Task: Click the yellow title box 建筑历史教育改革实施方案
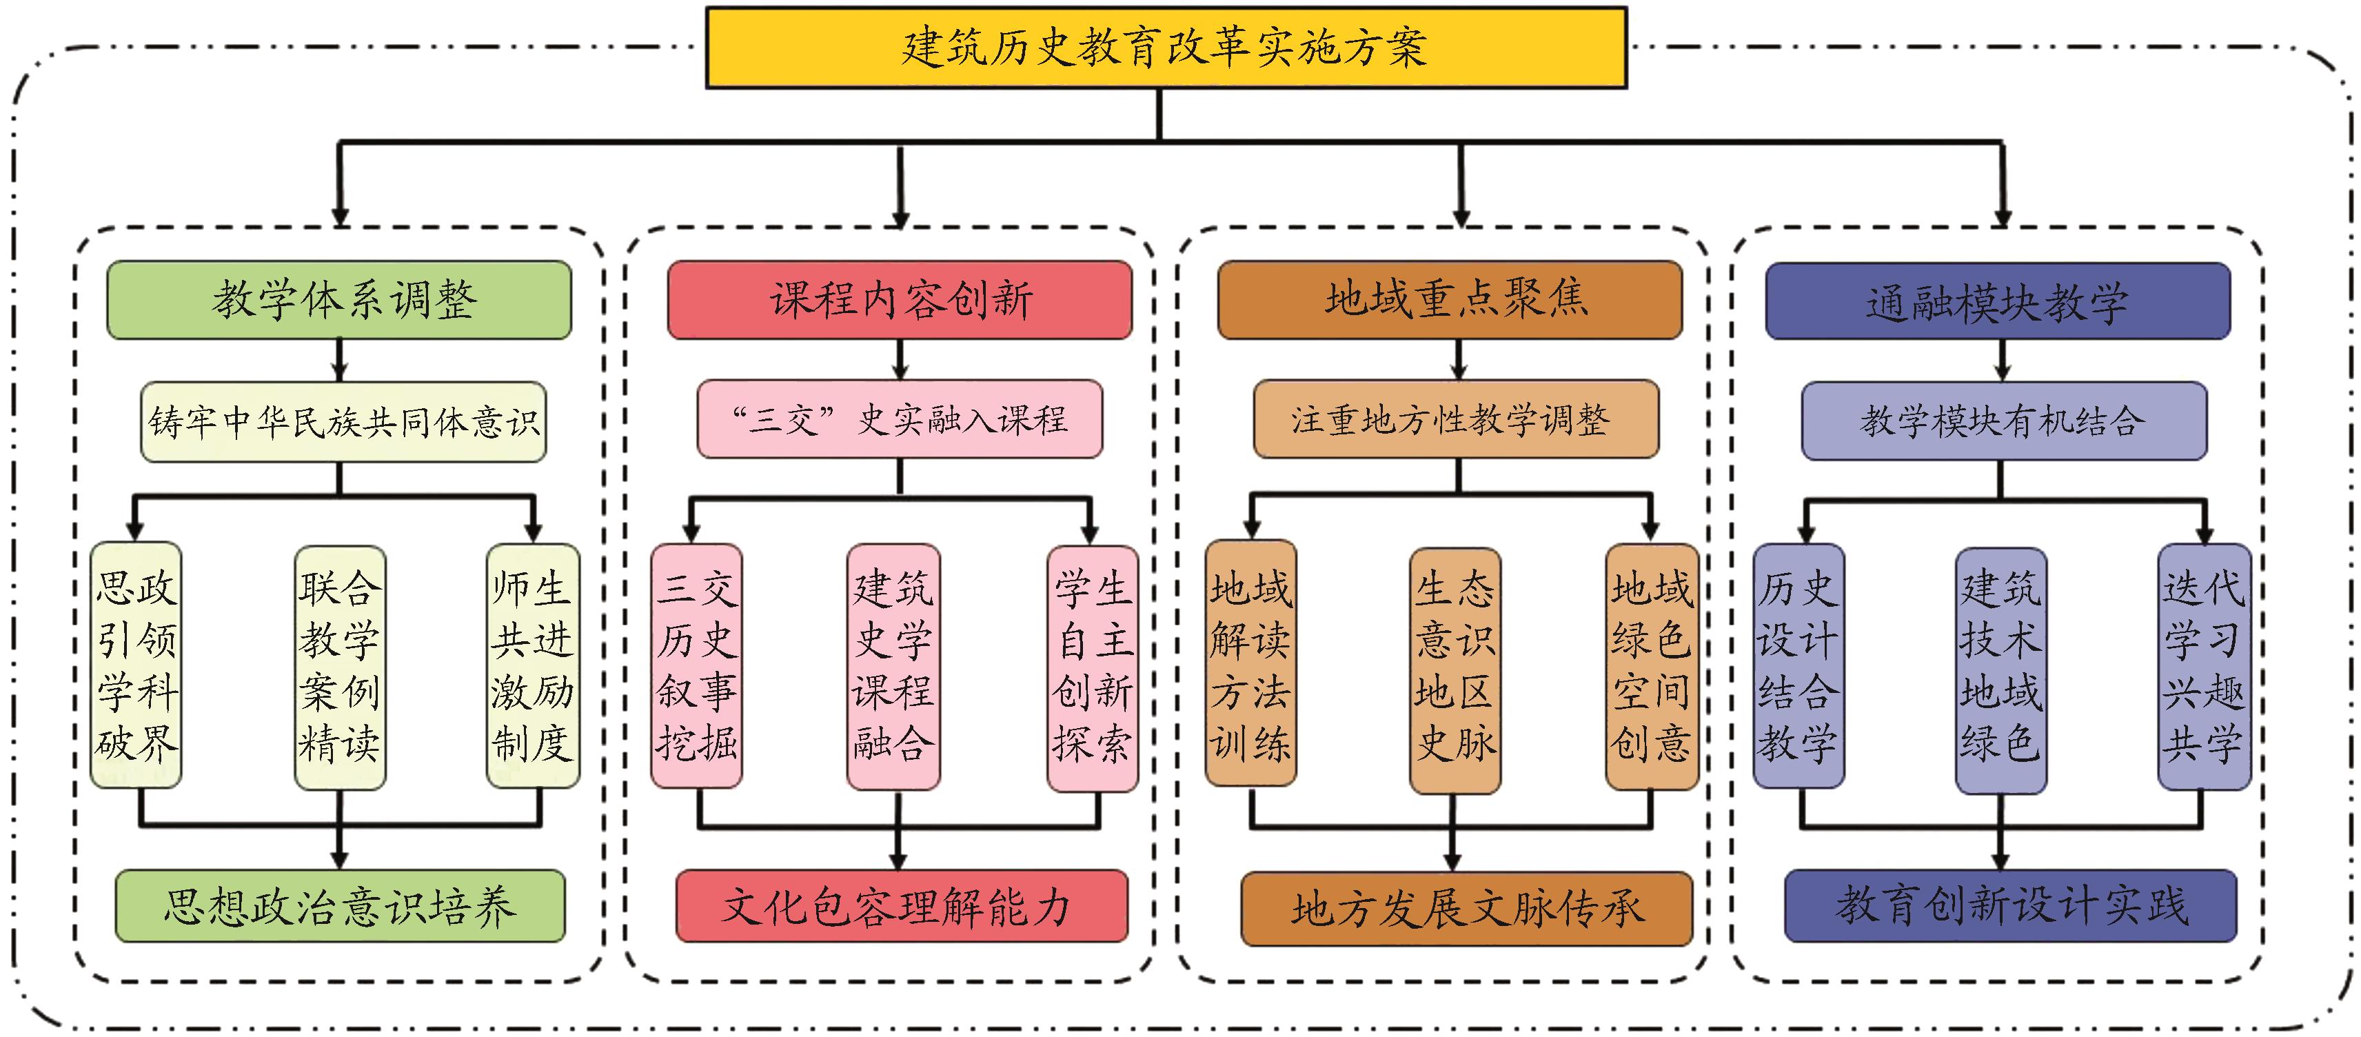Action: [x=1165, y=48]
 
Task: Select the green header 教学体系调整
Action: [x=339, y=300]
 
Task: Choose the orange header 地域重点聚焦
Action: [x=1450, y=300]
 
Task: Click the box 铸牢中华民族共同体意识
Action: [x=343, y=422]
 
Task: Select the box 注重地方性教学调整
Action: [x=1455, y=419]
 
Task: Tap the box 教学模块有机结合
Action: [x=2003, y=421]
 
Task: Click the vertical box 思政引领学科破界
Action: [x=136, y=665]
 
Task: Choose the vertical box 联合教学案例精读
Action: [x=339, y=667]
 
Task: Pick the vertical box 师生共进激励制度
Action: [x=532, y=665]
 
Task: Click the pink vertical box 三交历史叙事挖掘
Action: [x=696, y=665]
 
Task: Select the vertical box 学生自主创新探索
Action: [x=1093, y=667]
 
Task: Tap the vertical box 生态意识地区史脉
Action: [x=1455, y=669]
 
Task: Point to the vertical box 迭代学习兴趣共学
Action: [x=2203, y=667]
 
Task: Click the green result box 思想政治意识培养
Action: [x=339, y=906]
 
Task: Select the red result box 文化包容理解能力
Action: [x=901, y=906]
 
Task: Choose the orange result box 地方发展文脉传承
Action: [x=1466, y=907]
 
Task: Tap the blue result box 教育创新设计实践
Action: [x=2010, y=906]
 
